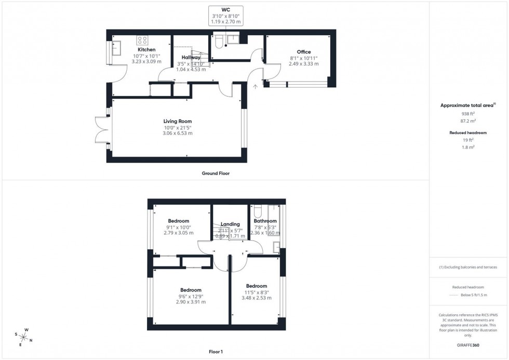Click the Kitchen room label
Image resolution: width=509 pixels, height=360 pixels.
146,49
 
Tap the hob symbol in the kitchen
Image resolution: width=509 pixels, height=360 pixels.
142,39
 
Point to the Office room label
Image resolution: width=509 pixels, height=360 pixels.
304,52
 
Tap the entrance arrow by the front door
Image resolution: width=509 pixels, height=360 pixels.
255,86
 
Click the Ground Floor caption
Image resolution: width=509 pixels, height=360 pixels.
216,174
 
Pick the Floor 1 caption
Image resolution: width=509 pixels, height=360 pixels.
215,352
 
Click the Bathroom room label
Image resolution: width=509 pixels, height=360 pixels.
265,221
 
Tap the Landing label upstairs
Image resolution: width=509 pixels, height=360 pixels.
230,224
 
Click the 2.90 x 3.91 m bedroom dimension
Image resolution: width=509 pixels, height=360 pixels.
191,302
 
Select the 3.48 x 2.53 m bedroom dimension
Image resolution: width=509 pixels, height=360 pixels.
256,298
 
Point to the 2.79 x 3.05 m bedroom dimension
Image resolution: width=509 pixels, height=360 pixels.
178,233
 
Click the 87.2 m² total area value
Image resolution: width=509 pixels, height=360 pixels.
468,120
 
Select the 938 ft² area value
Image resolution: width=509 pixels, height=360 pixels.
468,113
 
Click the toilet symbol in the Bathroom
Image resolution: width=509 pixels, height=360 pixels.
258,212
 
